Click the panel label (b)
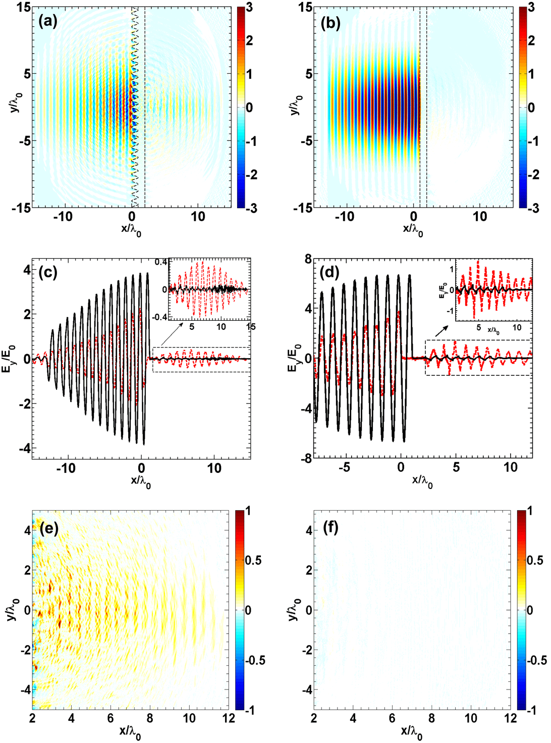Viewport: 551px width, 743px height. pos(330,23)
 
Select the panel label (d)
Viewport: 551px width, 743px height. pos(330,273)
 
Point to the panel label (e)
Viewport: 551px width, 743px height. pos(48,528)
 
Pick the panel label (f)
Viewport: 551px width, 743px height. pos(329,528)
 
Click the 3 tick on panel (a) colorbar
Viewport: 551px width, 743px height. pos(249,8)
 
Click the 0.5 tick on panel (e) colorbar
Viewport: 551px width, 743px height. pos(253,560)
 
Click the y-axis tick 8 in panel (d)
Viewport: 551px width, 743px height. pos(307,260)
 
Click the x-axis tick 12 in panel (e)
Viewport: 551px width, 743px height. pos(229,718)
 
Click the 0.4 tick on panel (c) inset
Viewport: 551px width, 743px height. pos(161,262)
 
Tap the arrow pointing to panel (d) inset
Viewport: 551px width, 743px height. pos(442,331)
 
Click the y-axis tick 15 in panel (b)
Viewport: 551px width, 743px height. pos(305,8)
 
